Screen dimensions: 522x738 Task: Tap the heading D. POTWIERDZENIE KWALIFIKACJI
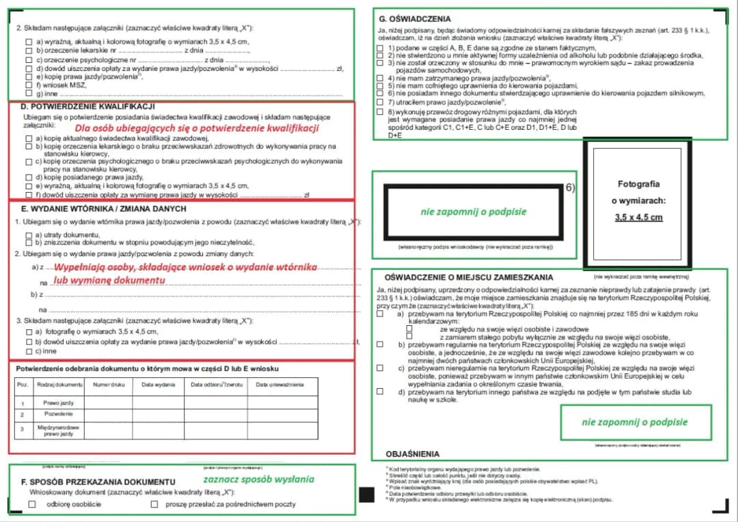coord(88,107)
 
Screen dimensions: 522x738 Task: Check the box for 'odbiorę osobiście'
coord(32,504)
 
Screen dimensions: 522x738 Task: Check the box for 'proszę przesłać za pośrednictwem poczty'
coord(154,504)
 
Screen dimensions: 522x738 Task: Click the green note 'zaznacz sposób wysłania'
coord(258,479)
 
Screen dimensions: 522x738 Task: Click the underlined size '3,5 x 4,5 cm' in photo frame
coord(638,218)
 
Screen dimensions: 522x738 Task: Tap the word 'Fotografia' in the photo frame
coord(638,184)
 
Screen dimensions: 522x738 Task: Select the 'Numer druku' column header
coord(109,385)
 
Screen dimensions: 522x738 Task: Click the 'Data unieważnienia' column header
coord(280,385)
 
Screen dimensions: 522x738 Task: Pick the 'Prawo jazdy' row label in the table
coord(53,402)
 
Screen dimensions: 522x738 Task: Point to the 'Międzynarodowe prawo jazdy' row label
coord(53,430)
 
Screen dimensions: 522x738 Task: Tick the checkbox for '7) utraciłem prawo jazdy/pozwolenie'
coord(380,102)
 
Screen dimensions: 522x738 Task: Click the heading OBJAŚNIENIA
coord(412,454)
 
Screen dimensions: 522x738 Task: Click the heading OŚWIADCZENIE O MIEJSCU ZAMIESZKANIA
coord(469,278)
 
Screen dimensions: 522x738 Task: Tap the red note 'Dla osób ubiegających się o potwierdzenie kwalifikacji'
coord(197,128)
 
